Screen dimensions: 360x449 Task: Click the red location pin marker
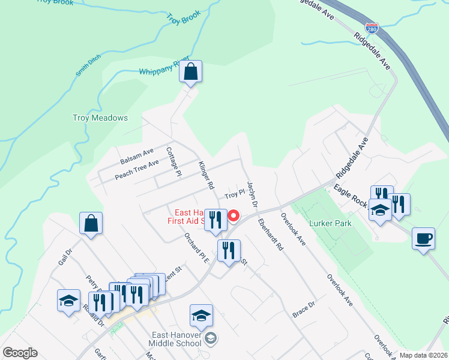click(234, 216)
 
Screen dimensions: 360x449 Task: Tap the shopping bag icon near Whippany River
click(190, 72)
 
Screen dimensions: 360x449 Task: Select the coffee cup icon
click(424, 239)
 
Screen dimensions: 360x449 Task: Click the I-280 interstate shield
click(372, 28)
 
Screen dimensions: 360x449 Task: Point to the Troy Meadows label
click(100, 118)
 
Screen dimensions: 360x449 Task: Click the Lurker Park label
click(330, 223)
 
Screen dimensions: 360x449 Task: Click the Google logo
click(20, 353)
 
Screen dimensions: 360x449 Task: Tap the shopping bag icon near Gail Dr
click(91, 223)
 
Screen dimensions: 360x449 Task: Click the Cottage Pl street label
click(173, 162)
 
